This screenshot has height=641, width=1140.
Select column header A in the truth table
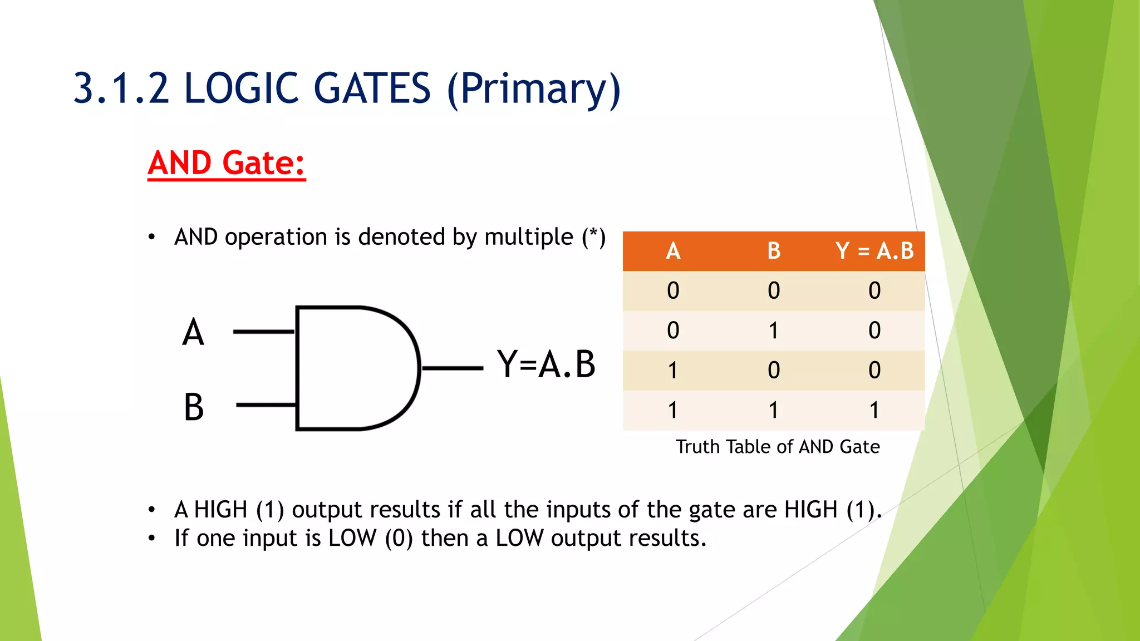point(673,251)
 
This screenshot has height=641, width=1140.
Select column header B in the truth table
point(774,251)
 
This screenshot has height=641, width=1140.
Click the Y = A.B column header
point(874,251)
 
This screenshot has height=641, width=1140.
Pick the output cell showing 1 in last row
point(874,410)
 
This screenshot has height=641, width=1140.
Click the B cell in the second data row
point(774,331)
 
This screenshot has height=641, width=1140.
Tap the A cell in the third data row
point(673,370)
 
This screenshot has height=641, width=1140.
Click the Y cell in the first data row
point(874,290)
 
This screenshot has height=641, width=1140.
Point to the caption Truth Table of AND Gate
point(778,447)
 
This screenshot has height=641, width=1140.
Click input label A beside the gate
point(193,332)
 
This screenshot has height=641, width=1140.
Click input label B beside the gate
point(194,407)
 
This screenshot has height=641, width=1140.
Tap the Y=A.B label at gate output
point(546,364)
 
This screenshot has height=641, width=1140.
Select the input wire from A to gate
point(263,332)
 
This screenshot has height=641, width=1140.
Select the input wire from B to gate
point(266,405)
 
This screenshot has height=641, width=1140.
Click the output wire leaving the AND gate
point(452,368)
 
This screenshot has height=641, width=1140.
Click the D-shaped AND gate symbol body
point(351,368)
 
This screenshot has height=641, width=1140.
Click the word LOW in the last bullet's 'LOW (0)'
point(352,538)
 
